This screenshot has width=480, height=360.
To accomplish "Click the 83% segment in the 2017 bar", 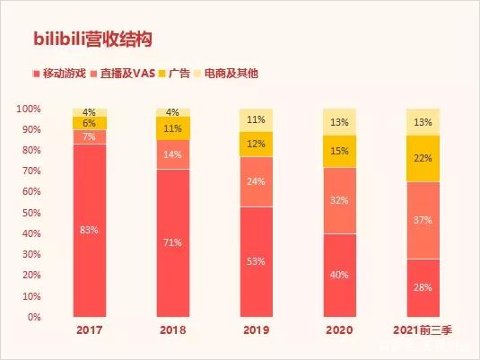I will coord(90,230).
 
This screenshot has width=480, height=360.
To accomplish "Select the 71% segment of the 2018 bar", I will coord(173,242).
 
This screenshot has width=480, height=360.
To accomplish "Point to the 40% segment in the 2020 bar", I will coord(340,275).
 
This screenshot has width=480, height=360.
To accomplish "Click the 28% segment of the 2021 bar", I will coord(423,287).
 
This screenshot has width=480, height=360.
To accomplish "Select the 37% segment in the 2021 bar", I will coord(423,220).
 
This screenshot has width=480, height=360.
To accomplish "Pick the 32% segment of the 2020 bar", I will coord(340,200).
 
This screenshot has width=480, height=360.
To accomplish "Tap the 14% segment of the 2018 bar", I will coord(173,154).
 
